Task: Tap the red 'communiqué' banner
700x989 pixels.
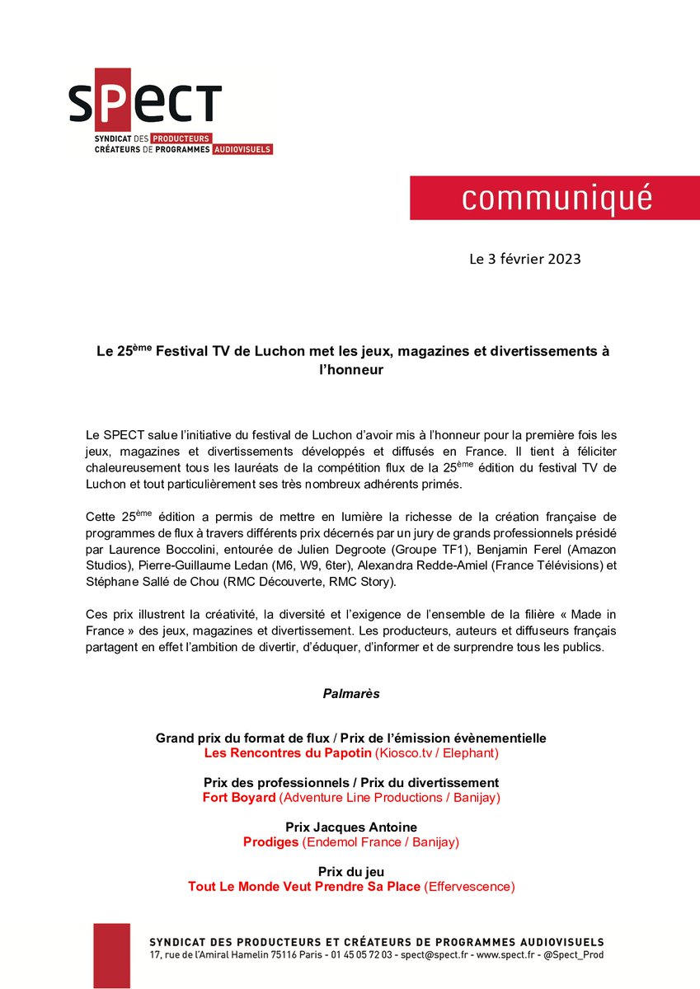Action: [x=555, y=198]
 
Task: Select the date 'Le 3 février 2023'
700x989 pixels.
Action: [x=524, y=259]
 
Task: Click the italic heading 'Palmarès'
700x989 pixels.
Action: [x=351, y=694]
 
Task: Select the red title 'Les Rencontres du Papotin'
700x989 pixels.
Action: [x=288, y=753]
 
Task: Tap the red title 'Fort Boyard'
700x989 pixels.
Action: [x=238, y=798]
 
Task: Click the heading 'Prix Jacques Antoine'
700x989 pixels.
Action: [x=351, y=827]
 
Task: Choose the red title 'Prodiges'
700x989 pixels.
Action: [x=270, y=842]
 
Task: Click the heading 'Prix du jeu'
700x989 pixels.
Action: [x=351, y=871]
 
